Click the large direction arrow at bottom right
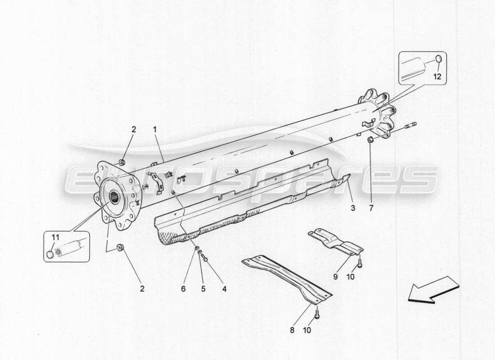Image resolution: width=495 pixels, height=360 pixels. (x=433, y=290)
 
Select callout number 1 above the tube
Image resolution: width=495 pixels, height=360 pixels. (x=154, y=130)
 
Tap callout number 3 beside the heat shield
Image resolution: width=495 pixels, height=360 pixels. (x=353, y=208)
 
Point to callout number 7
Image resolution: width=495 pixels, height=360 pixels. (x=371, y=208)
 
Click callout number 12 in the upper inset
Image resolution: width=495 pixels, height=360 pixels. (x=437, y=76)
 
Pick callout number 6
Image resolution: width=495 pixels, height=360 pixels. (x=183, y=288)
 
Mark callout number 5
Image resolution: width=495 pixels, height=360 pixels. (x=203, y=288)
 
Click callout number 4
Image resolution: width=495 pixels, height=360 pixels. (x=224, y=288)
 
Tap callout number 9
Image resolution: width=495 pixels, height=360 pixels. (x=335, y=277)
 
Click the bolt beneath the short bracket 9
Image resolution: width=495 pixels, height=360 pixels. (x=360, y=261)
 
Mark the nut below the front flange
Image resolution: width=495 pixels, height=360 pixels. (x=120, y=247)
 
